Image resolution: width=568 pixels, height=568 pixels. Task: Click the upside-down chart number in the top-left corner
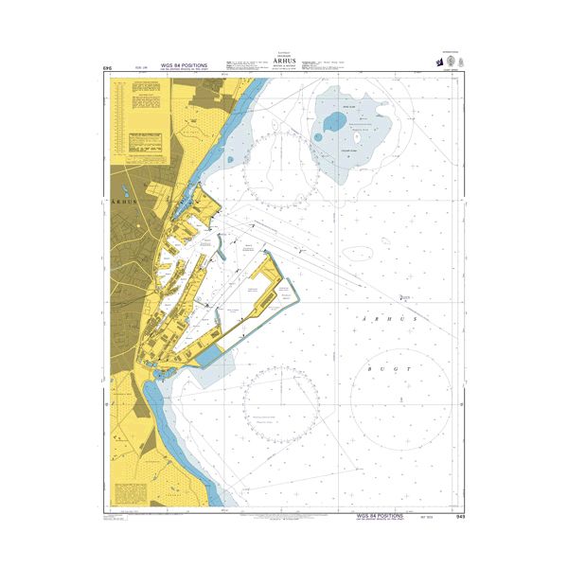point(106,68)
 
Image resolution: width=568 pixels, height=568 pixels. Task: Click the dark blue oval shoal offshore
point(334,122)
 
